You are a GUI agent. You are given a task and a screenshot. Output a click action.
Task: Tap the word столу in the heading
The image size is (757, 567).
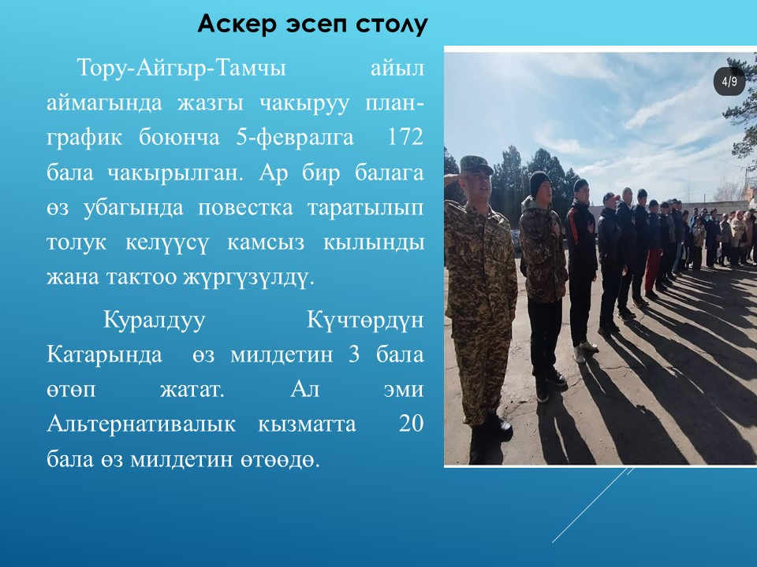392,24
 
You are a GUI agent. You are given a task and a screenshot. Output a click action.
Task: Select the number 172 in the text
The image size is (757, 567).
405,137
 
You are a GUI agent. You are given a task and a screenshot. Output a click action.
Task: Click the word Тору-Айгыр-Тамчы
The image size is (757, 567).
181,68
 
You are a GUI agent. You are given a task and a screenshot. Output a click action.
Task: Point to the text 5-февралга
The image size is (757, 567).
295,138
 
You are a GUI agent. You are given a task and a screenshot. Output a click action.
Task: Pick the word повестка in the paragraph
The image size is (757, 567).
245,208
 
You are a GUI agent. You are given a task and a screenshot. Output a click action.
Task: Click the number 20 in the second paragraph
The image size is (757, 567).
412,424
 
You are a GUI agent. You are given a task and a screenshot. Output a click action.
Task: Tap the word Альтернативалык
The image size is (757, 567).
141,424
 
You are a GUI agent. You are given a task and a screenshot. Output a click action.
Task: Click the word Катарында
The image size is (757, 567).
104,355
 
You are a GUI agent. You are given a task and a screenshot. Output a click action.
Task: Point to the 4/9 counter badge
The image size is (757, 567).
729,81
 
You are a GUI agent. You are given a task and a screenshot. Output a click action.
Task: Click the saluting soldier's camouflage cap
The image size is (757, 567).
475,165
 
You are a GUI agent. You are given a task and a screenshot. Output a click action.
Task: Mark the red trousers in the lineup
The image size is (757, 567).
653,269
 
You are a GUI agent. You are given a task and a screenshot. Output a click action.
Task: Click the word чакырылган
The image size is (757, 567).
175,173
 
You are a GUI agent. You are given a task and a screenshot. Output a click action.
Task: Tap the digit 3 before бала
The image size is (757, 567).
354,355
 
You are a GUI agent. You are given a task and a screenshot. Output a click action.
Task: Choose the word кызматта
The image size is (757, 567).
307,424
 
